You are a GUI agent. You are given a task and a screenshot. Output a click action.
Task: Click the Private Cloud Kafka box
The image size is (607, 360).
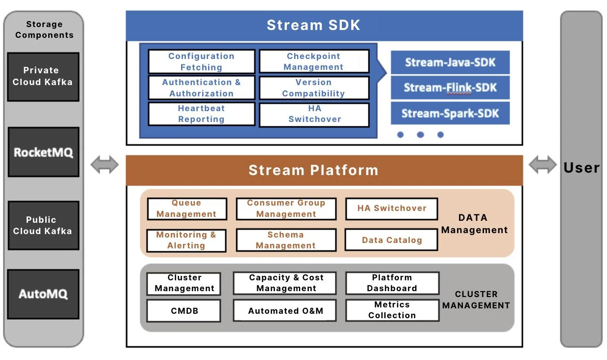click(43, 77)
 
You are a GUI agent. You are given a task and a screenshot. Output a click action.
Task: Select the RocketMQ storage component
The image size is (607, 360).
click(43, 152)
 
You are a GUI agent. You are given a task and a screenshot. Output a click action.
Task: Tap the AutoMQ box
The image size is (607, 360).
click(43, 294)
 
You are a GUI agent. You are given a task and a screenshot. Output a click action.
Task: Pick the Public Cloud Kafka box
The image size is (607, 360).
click(43, 225)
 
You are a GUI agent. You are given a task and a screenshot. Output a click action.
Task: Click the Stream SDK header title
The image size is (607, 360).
click(313, 25)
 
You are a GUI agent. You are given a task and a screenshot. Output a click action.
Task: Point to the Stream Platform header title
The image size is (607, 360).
click(313, 170)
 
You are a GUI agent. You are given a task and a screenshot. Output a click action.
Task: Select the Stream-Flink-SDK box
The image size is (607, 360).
click(450, 88)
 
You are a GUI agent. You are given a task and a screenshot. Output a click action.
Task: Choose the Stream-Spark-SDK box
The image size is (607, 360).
click(450, 114)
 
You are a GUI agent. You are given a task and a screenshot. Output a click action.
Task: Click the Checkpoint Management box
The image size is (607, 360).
click(314, 61)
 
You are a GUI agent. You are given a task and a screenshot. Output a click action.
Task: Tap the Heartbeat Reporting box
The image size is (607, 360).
click(202, 114)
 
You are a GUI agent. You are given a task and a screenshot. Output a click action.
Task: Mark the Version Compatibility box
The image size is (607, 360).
click(314, 88)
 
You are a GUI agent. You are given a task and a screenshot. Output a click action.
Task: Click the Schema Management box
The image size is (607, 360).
click(286, 240)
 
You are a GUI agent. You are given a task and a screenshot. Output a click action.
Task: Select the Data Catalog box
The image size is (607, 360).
click(392, 240)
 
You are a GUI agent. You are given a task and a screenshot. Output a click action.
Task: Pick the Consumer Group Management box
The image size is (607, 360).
click(286, 209)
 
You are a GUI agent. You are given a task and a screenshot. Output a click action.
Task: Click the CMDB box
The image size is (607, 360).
click(184, 311)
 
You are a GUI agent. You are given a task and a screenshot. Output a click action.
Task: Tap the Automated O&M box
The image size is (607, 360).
click(285, 311)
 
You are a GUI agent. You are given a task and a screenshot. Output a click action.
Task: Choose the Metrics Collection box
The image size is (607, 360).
click(392, 310)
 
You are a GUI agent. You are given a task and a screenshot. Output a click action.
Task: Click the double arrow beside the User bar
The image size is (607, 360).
click(543, 165)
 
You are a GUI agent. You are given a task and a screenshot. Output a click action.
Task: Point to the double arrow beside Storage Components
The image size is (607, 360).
click(105, 165)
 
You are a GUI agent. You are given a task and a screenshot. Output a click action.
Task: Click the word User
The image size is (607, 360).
click(581, 168)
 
